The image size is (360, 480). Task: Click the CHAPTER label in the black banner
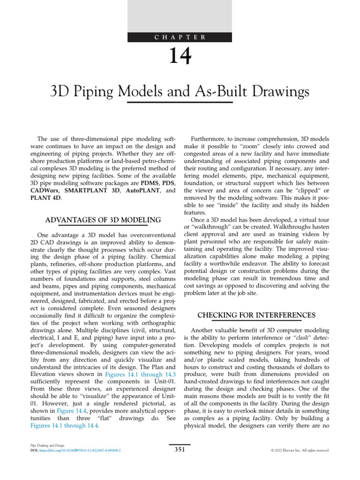(x=180, y=37)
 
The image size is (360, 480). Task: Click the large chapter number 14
(x=180, y=57)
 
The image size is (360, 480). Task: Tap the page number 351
(x=180, y=450)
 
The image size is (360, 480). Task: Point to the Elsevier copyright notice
(x=300, y=450)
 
